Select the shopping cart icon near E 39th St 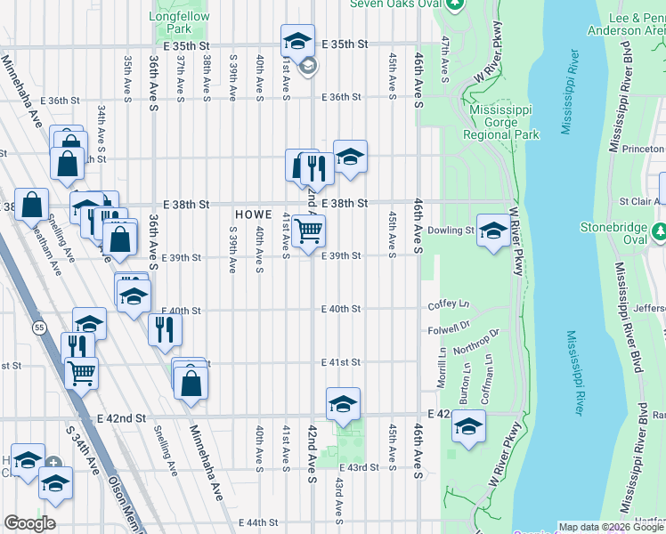[308, 231]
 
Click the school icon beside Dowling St [491, 230]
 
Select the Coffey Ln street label [448, 304]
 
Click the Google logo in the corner [29, 523]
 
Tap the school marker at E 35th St [297, 40]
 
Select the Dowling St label [458, 231]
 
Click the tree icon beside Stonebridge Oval [660, 232]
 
